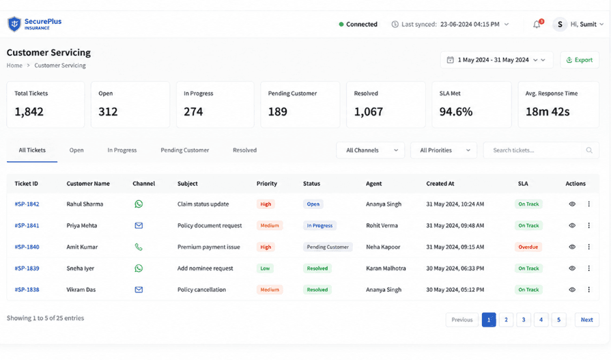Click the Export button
tap(580, 60)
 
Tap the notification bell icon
tap(537, 25)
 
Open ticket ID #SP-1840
tap(27, 247)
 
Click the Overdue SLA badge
tap(528, 247)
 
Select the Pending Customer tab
tap(185, 150)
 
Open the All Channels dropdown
tap(370, 150)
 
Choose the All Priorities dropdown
tap(444, 150)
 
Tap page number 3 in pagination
tap(524, 320)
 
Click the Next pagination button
tap(587, 320)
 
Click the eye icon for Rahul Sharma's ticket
tap(572, 204)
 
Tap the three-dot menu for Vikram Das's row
tap(588, 290)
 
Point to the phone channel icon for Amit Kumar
tap(139, 247)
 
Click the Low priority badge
tap(265, 268)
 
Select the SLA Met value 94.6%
tap(456, 112)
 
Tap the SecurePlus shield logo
tap(14, 24)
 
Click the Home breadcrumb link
tap(14, 66)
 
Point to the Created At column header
tap(440, 184)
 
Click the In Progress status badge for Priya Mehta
tap(319, 225)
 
